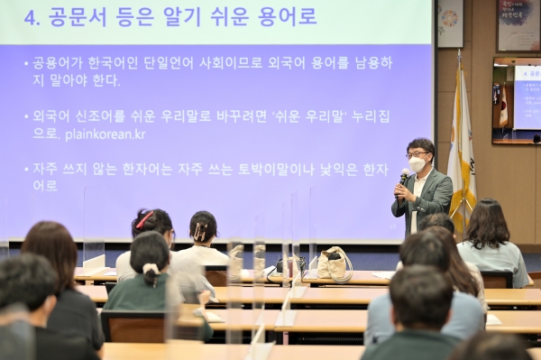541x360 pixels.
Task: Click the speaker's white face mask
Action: [x=417, y=165]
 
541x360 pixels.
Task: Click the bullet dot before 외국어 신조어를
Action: [x=26, y=116]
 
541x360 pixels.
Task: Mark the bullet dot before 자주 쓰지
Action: [x=26, y=169]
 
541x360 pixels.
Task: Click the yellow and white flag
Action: [x=462, y=153]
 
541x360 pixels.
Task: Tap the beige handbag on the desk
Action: [x=335, y=264]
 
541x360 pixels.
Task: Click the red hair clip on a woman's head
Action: [x=144, y=219]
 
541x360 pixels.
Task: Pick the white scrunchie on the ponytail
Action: [x=151, y=269]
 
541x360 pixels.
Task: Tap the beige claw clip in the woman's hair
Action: [x=200, y=231]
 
